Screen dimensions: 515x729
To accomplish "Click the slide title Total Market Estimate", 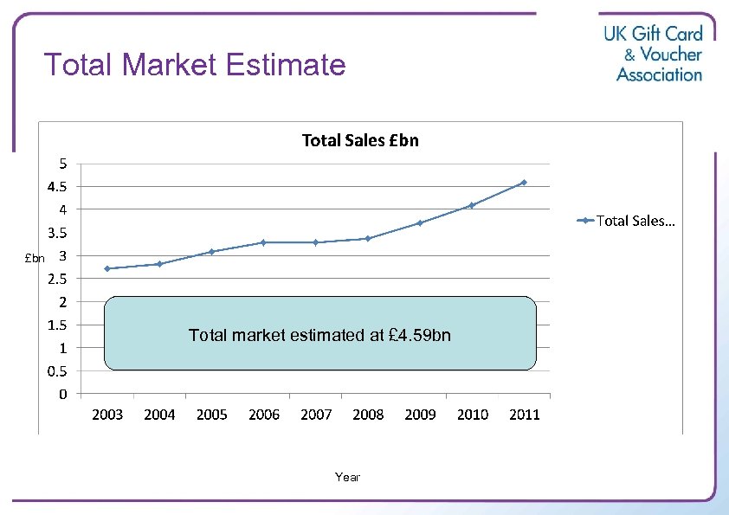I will coord(195,65).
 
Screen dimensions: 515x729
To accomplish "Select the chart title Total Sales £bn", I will coord(359,140).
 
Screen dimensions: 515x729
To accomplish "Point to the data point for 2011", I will coord(524,183).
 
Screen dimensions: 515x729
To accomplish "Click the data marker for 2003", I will coord(107,268).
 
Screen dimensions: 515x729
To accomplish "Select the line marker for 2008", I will coord(368,238).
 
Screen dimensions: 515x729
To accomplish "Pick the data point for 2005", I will coord(211,252).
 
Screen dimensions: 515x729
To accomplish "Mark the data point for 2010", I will coord(472,205).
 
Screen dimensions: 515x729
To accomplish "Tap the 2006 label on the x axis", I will coord(264,415).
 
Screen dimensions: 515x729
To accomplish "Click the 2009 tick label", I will coord(420,415).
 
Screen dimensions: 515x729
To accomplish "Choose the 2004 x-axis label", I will coord(159,415).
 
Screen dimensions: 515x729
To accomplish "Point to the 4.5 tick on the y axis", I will coord(59,186).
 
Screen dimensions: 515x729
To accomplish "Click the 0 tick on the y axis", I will coord(64,395).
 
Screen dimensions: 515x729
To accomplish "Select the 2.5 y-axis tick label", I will coord(59,279).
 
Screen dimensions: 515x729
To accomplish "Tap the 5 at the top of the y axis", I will coord(64,163).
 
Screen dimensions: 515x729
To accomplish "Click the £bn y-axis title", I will coord(35,258).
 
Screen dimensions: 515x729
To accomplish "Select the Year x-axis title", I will coord(347,477).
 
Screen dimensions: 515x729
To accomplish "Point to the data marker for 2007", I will coord(316,242).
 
